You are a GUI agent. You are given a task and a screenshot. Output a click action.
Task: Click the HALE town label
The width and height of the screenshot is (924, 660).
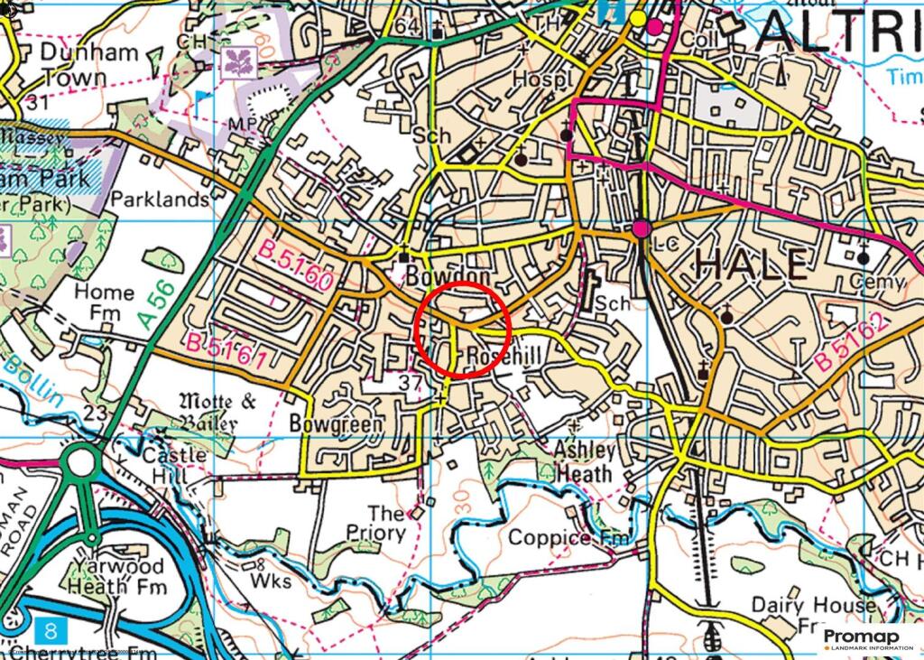coord(751,265)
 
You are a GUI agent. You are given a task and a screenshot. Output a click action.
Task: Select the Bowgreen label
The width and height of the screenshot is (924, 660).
coord(336,423)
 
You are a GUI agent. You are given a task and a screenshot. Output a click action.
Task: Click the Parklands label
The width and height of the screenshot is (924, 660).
coord(160,199)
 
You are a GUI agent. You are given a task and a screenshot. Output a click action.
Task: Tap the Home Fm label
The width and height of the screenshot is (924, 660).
coord(104,303)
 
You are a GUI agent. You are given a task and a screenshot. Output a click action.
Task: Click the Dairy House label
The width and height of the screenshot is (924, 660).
coord(814,605)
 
